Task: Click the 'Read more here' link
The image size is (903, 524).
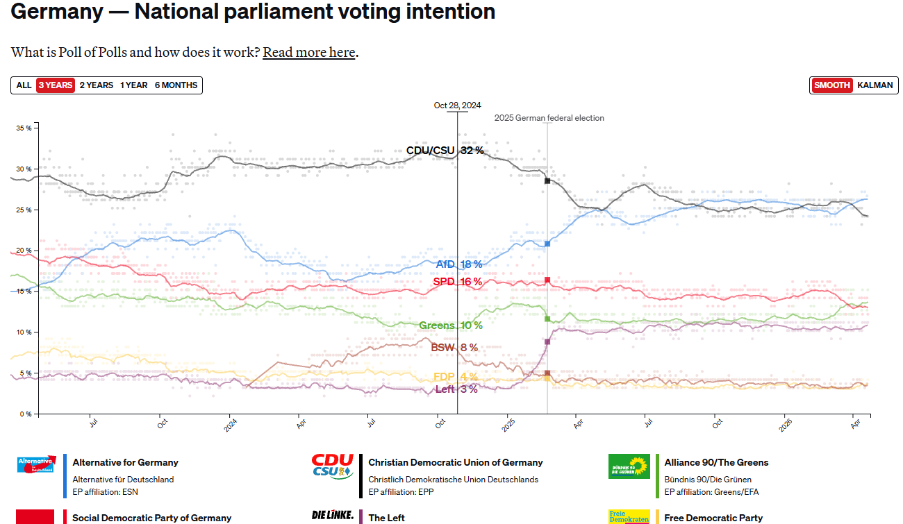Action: pyautogui.click(x=308, y=52)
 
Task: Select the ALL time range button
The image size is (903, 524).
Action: pyautogui.click(x=24, y=85)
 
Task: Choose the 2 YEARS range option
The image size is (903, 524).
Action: pyautogui.click(x=96, y=85)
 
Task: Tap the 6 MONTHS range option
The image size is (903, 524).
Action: pyautogui.click(x=176, y=85)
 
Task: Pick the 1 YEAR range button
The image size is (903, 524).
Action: pyautogui.click(x=133, y=85)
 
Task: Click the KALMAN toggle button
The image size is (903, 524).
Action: pyautogui.click(x=875, y=85)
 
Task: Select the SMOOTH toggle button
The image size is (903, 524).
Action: pyautogui.click(x=832, y=85)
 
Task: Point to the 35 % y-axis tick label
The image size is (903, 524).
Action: pyautogui.click(x=24, y=128)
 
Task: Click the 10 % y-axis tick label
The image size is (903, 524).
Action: pyautogui.click(x=24, y=332)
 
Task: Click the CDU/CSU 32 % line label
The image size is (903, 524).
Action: pyautogui.click(x=445, y=151)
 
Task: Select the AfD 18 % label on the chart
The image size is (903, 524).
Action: pyautogui.click(x=458, y=264)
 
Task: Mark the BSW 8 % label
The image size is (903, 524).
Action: pyautogui.click(x=454, y=348)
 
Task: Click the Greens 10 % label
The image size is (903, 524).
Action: pyautogui.click(x=450, y=326)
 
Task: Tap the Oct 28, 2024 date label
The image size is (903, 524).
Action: pyautogui.click(x=457, y=105)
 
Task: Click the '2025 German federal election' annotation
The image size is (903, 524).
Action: pyautogui.click(x=549, y=118)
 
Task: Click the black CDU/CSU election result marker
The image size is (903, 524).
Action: pyautogui.click(x=547, y=180)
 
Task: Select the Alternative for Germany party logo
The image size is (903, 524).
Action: pyautogui.click(x=35, y=464)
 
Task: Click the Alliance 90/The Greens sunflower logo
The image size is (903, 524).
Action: pyautogui.click(x=629, y=466)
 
